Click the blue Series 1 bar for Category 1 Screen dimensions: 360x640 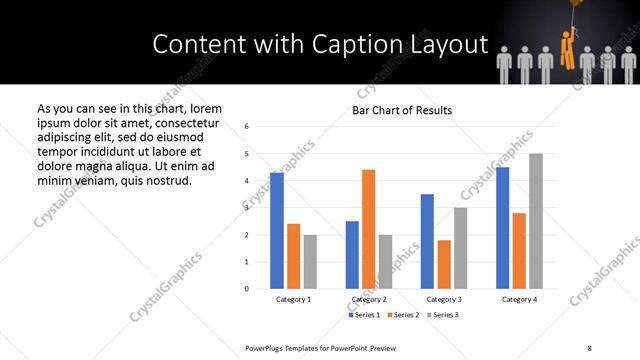(277, 231)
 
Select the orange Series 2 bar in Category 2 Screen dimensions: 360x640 (368, 229)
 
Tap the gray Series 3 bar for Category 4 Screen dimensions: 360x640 (536, 221)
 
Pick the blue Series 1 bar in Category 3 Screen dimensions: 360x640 (427, 241)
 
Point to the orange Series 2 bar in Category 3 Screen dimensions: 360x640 (444, 264)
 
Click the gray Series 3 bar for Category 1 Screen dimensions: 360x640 (310, 262)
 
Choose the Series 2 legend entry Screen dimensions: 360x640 (403, 315)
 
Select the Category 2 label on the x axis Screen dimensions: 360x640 (369, 300)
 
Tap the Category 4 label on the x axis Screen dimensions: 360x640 (519, 300)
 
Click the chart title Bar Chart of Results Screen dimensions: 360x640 (402, 110)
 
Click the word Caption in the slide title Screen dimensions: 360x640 (340, 45)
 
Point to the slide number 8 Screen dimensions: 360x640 (588, 347)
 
